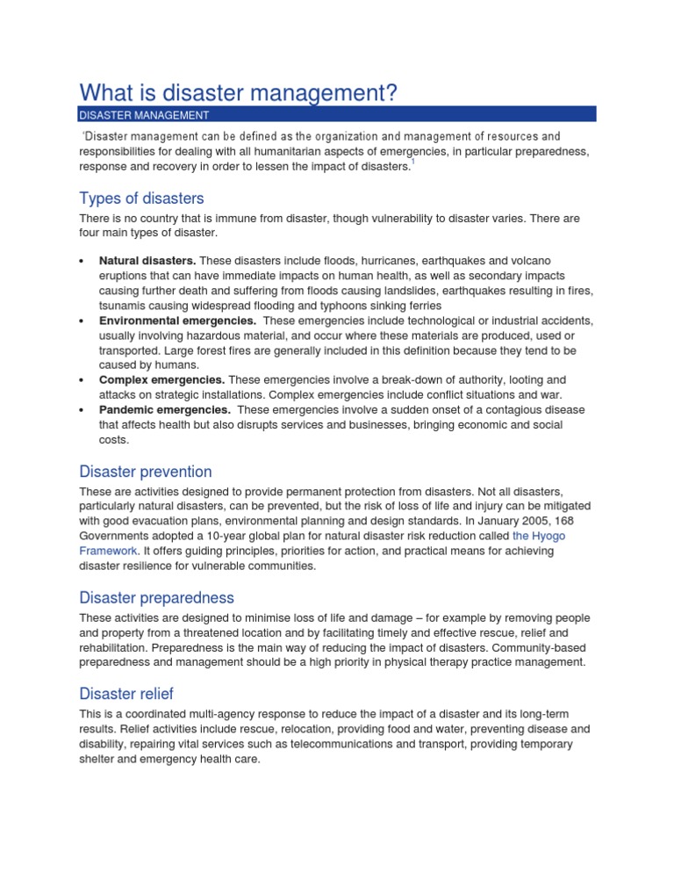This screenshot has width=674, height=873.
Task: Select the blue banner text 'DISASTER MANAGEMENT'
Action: [144, 114]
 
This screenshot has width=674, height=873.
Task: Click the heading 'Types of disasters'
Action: [141, 198]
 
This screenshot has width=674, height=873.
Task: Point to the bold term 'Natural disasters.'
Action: [147, 261]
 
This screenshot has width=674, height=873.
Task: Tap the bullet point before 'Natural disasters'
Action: [82, 262]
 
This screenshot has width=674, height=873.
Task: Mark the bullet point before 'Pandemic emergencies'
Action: [82, 411]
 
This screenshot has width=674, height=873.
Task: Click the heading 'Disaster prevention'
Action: [146, 472]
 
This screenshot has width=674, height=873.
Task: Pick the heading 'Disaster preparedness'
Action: [156, 597]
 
